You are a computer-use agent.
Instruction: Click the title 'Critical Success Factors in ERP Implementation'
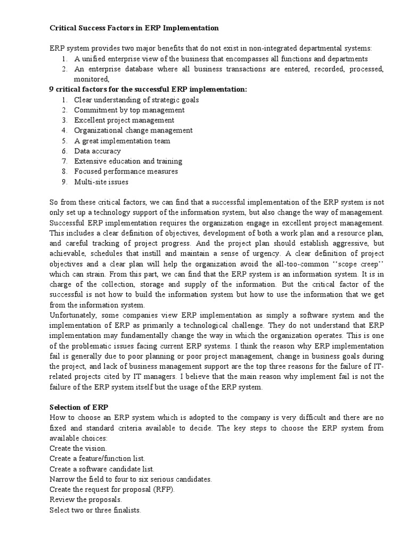click(x=134, y=28)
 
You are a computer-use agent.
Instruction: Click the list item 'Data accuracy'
click(x=97, y=151)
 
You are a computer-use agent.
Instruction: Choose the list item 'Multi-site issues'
click(x=101, y=182)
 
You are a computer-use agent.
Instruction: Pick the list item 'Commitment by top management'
click(x=129, y=110)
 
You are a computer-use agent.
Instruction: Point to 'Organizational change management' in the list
click(x=133, y=130)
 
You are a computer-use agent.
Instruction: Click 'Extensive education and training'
click(x=128, y=161)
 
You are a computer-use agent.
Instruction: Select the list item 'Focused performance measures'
click(x=126, y=171)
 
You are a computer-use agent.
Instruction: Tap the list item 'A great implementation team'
click(x=122, y=141)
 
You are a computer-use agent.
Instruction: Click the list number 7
click(x=64, y=161)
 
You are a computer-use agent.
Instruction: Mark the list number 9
click(x=64, y=182)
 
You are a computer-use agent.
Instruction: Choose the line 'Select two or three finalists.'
click(x=95, y=510)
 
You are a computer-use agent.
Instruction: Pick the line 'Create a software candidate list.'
click(x=102, y=469)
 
